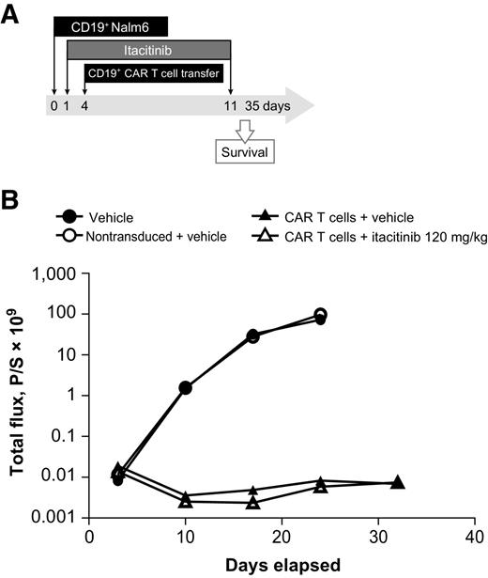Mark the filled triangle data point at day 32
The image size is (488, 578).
397,483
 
